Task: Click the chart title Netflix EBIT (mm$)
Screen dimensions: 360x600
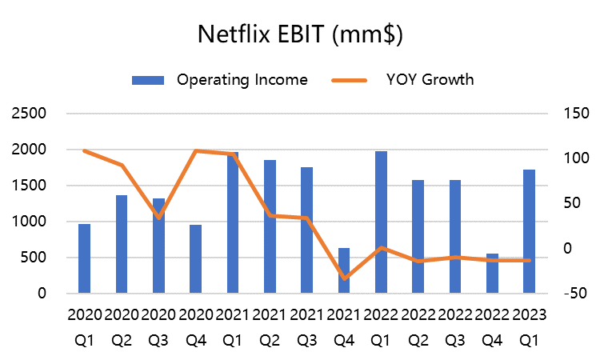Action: (300, 34)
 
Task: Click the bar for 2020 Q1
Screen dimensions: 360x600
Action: (84, 258)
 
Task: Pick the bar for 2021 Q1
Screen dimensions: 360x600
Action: (233, 223)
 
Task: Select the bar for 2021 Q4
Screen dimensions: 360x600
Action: (344, 270)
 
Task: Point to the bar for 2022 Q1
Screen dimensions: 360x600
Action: (381, 222)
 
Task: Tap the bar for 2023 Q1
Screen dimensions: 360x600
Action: (529, 231)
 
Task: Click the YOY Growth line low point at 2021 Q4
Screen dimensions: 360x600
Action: (344, 278)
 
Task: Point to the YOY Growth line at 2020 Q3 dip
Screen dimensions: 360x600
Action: (158, 217)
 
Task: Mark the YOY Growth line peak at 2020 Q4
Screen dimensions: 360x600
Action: (196, 150)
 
